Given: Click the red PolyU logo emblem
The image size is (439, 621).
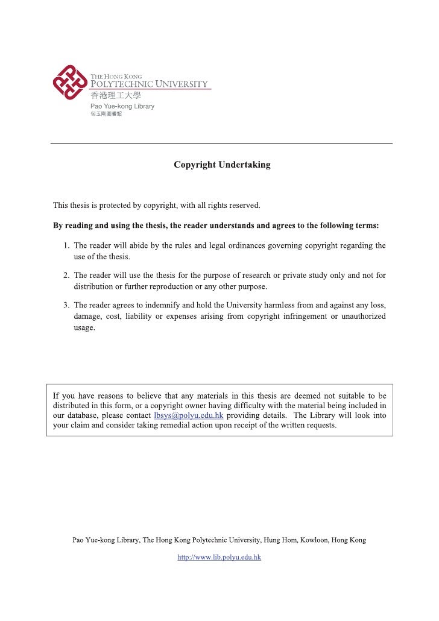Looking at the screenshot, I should [x=70, y=82].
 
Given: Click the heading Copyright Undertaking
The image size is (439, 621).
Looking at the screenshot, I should [x=222, y=165].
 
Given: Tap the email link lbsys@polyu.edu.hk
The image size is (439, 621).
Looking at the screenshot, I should [x=189, y=415].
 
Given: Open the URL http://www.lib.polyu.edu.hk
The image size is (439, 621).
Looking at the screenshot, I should [x=219, y=558].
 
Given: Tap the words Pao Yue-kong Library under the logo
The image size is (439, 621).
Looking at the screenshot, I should [x=122, y=106].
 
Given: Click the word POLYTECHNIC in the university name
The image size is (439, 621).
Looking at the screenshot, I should [x=121, y=84].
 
